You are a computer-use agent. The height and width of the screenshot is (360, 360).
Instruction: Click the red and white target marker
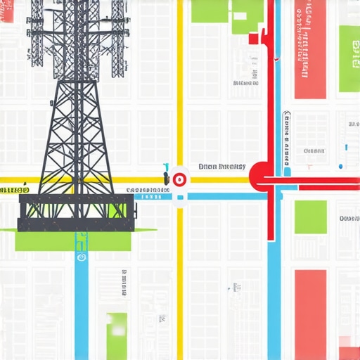point(179,179)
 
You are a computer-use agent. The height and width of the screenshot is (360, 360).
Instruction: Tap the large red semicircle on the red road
point(259,175)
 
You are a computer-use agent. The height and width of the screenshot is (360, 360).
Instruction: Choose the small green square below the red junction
point(310,217)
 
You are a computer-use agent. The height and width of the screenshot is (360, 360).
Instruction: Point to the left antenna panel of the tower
point(35,35)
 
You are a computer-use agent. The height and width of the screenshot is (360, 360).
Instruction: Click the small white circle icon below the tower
point(82,257)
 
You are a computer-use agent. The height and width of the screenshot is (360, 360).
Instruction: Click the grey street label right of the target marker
point(221,167)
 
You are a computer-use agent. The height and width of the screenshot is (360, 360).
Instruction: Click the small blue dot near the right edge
point(341,167)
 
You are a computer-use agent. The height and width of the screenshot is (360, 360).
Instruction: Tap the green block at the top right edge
point(349,59)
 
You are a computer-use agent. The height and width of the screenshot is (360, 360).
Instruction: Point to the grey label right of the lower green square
point(349,219)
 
